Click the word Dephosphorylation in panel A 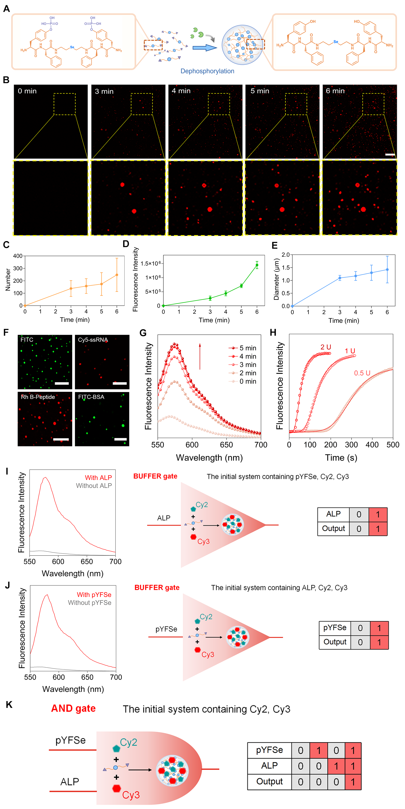(207, 71)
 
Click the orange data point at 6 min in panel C (117, 275)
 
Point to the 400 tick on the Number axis (18, 256)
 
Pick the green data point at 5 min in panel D (241, 286)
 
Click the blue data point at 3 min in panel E (340, 278)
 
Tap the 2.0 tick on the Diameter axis (285, 255)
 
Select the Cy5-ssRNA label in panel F (93, 340)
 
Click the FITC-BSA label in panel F (91, 397)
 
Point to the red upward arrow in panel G (200, 356)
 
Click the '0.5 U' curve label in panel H (362, 373)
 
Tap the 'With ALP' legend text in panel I (99, 478)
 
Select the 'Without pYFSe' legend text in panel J (90, 603)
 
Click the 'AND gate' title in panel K (73, 709)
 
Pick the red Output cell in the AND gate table (353, 782)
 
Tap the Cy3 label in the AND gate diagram (131, 795)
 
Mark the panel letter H (273, 333)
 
